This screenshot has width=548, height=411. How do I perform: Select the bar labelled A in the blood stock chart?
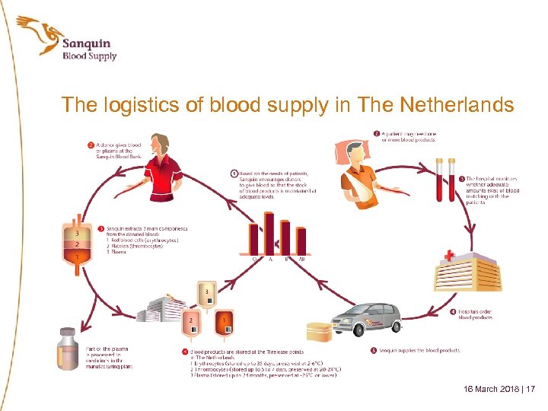(269, 233)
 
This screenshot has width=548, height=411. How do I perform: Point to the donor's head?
(161, 145)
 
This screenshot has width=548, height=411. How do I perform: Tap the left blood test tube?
(441, 180)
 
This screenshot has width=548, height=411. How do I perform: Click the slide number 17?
(530, 389)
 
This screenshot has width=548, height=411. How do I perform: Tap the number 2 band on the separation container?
(77, 244)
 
